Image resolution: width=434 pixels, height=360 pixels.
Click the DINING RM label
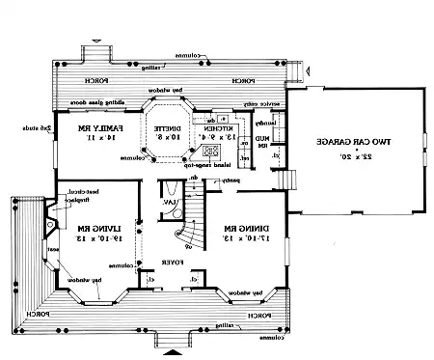(241, 229)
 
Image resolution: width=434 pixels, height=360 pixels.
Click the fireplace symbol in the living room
(48, 228)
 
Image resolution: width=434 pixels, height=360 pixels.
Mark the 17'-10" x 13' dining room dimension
(241, 241)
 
